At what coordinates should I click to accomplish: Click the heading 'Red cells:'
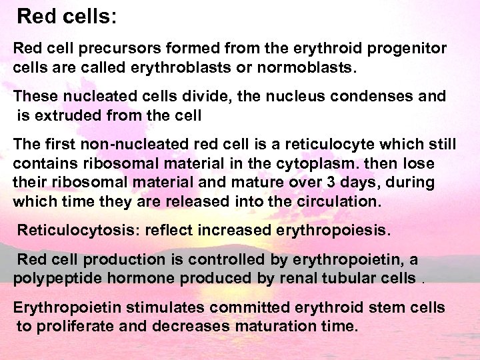coord(67,16)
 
